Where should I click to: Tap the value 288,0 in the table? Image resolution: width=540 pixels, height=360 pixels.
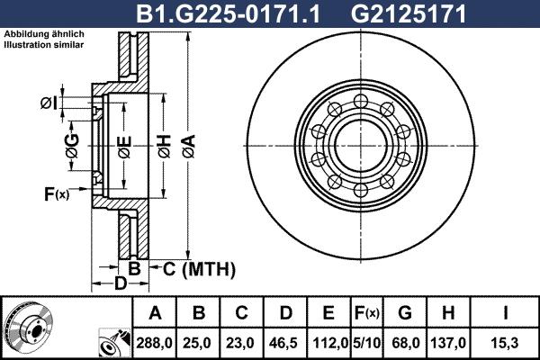(x=155, y=343)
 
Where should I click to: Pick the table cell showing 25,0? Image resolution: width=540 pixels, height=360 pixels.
(x=200, y=343)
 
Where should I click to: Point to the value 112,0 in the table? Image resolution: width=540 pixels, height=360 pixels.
(x=329, y=343)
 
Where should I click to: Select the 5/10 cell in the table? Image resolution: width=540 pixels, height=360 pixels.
(x=366, y=343)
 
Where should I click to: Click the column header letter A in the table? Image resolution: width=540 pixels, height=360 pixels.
(x=155, y=313)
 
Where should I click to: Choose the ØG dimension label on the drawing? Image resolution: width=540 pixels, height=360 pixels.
(x=73, y=144)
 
